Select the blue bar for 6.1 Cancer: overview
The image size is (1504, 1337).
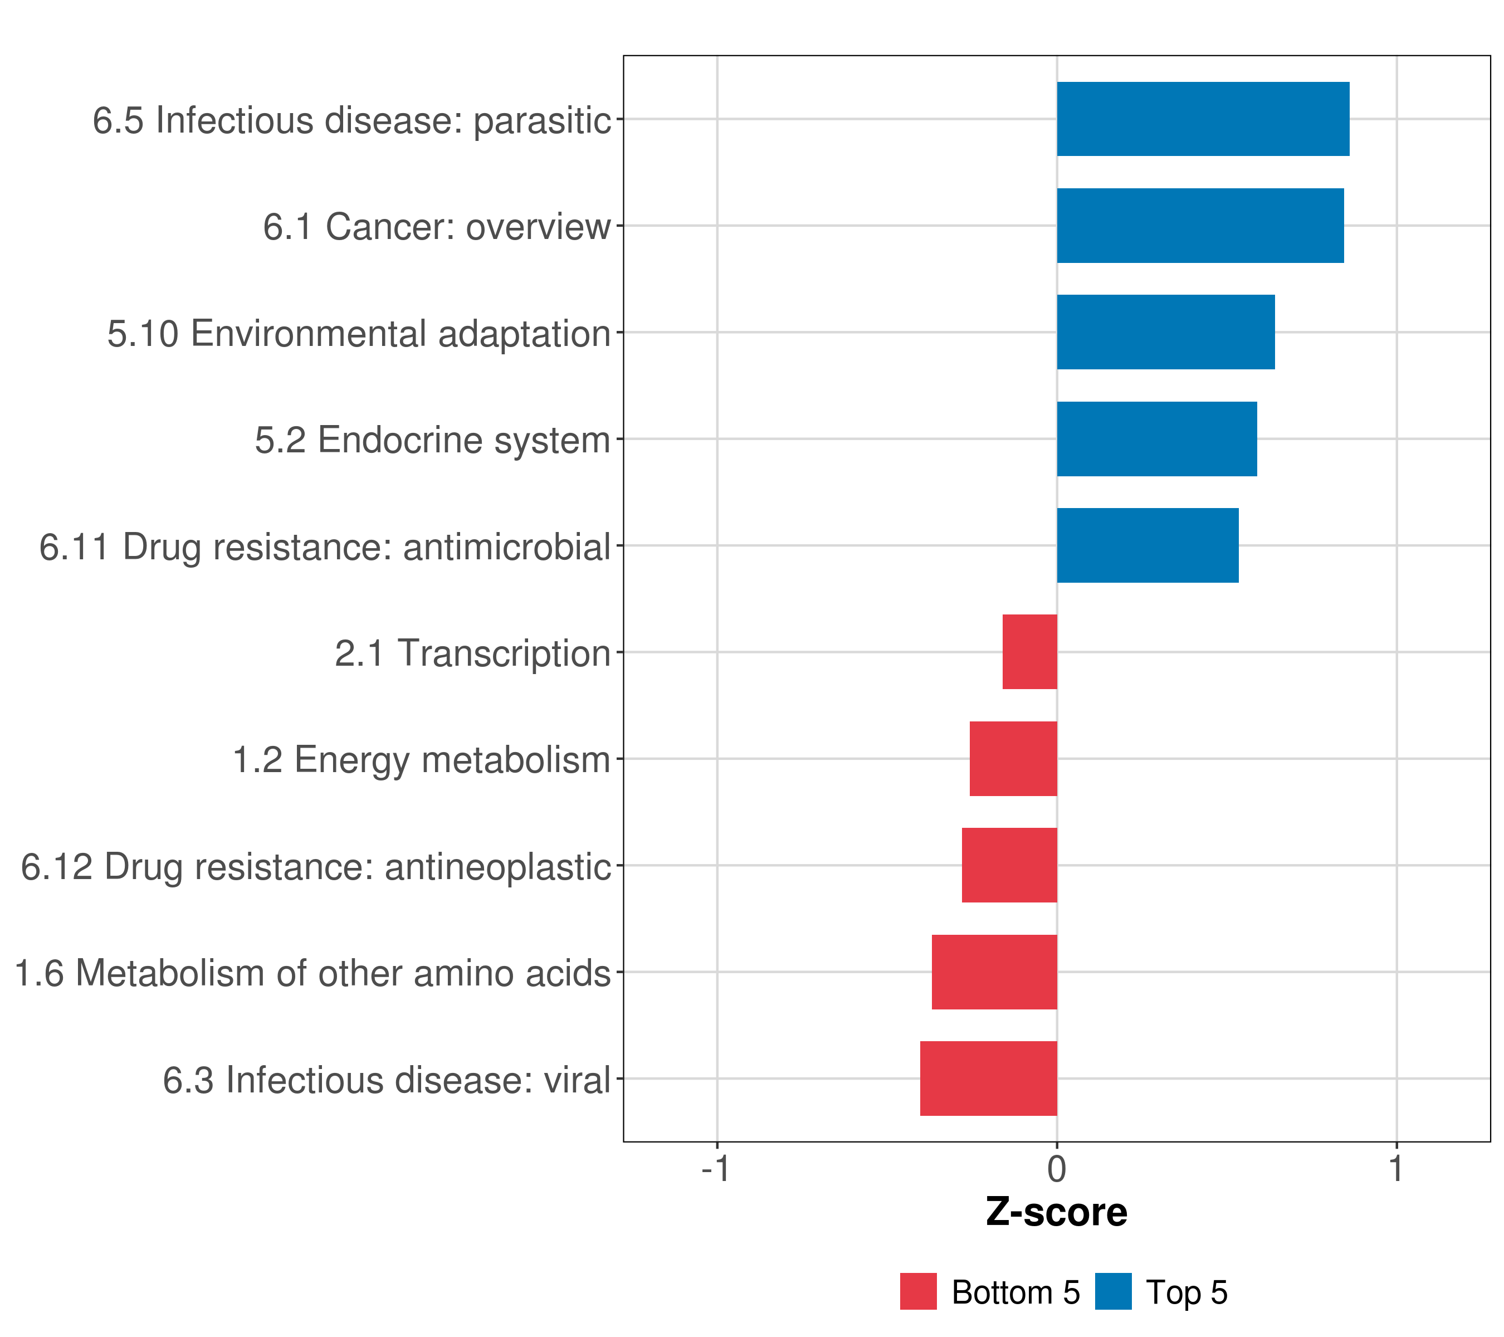[1199, 226]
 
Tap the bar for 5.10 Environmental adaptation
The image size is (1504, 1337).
[1165, 332]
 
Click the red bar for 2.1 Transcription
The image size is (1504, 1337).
[1029, 652]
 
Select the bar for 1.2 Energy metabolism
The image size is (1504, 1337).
[1013, 759]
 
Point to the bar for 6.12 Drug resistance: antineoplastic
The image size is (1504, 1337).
[1009, 865]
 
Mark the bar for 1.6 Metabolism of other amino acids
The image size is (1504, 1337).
[994, 972]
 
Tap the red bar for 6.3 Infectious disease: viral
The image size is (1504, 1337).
[988, 1079]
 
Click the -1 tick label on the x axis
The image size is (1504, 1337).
[715, 1169]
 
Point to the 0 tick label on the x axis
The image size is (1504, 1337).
[1057, 1169]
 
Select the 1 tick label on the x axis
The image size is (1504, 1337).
[1396, 1169]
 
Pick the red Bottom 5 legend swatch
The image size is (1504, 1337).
[919, 1291]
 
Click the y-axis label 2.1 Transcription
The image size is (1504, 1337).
[472, 653]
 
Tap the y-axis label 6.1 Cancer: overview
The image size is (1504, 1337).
[436, 227]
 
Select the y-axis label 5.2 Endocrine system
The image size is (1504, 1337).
[433, 440]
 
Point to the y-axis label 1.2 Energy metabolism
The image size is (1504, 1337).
[421, 760]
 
